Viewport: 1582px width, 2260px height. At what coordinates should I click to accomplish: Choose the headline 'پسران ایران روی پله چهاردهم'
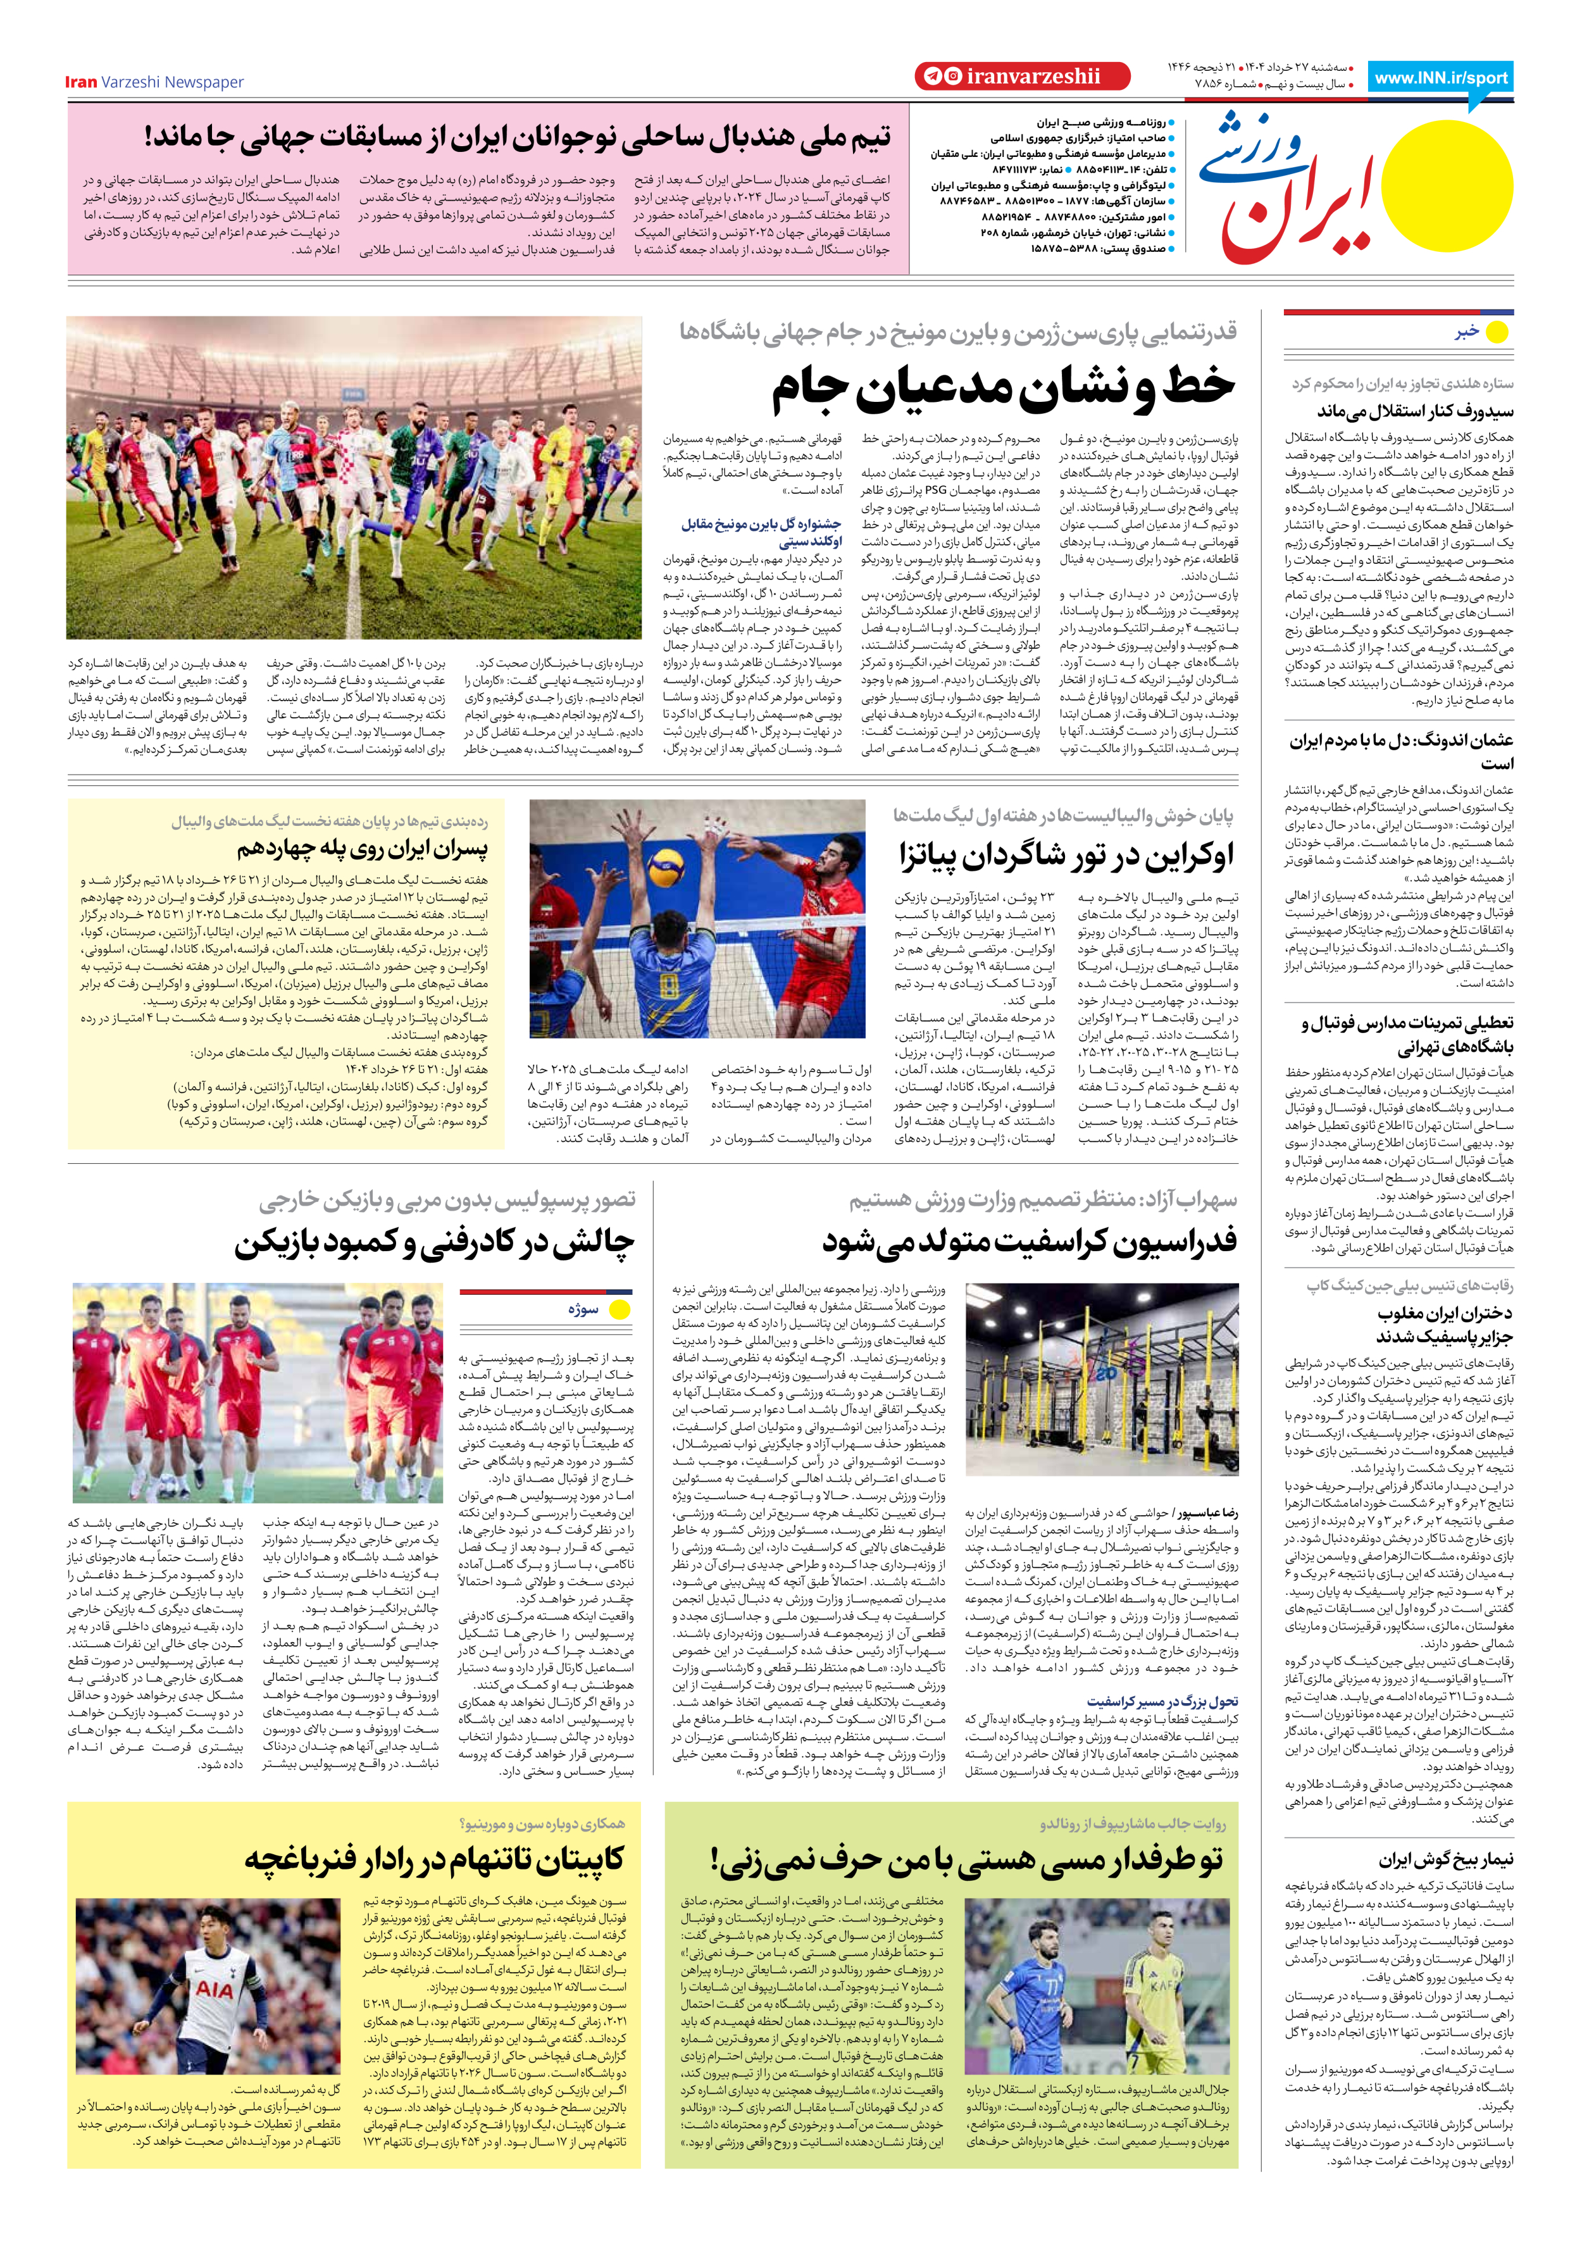pyautogui.click(x=361, y=849)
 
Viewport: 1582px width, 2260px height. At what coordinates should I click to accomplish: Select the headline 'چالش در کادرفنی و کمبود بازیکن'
pyautogui.click(x=434, y=1242)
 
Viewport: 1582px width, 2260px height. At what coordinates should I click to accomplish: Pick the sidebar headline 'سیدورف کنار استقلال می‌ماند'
pyautogui.click(x=1415, y=411)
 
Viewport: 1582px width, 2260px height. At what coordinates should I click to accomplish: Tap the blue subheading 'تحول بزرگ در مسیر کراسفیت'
pyautogui.click(x=1162, y=1702)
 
